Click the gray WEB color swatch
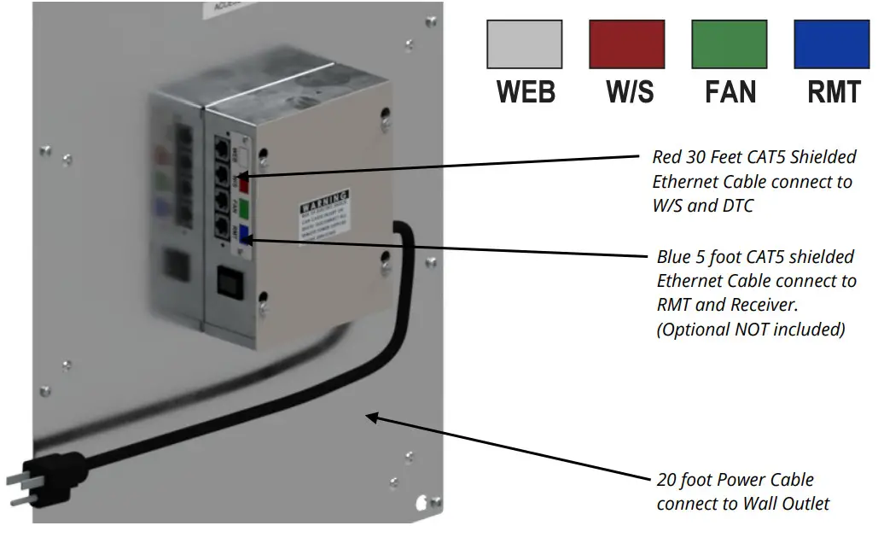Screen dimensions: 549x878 (524, 44)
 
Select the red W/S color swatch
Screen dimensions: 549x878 (627, 44)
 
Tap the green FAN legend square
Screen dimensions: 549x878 (730, 44)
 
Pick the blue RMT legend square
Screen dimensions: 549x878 (832, 44)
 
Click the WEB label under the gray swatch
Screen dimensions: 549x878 (526, 91)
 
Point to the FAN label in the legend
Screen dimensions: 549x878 (730, 91)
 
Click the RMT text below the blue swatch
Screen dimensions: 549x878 (834, 91)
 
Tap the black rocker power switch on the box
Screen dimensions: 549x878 (230, 281)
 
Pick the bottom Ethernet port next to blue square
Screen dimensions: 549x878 (222, 229)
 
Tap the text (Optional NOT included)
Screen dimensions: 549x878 (750, 330)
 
